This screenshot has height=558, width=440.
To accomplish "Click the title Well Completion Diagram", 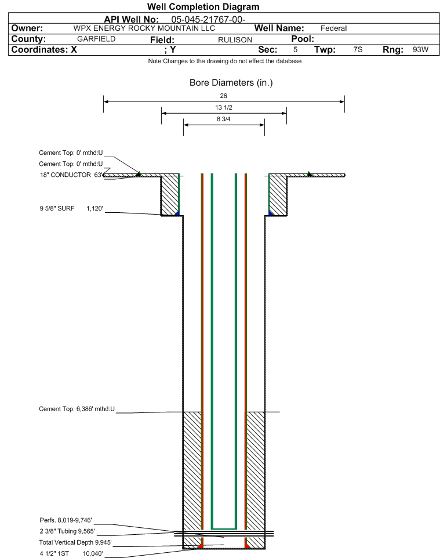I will coord(203,7).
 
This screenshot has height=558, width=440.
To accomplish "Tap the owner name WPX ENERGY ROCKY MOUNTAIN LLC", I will coord(144,28).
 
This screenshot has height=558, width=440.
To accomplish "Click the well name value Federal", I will coord(333,28).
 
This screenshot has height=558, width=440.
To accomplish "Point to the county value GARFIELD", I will coord(96,39).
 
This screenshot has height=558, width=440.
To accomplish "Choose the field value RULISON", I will coord(235,39).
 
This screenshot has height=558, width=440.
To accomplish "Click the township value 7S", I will coord(358,50).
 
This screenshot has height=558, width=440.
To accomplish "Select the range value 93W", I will coord(420,50).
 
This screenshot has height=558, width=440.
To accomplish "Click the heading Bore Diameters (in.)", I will coord(231,83).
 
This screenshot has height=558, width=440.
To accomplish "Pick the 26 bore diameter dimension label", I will coord(223,96).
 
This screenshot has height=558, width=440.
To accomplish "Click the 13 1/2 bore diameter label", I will coord(223,108).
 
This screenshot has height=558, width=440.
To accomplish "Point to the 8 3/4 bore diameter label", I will coord(223,119).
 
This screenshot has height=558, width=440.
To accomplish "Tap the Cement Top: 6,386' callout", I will coord(77,409).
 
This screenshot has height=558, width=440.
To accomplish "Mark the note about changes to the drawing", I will coord(225,61).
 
